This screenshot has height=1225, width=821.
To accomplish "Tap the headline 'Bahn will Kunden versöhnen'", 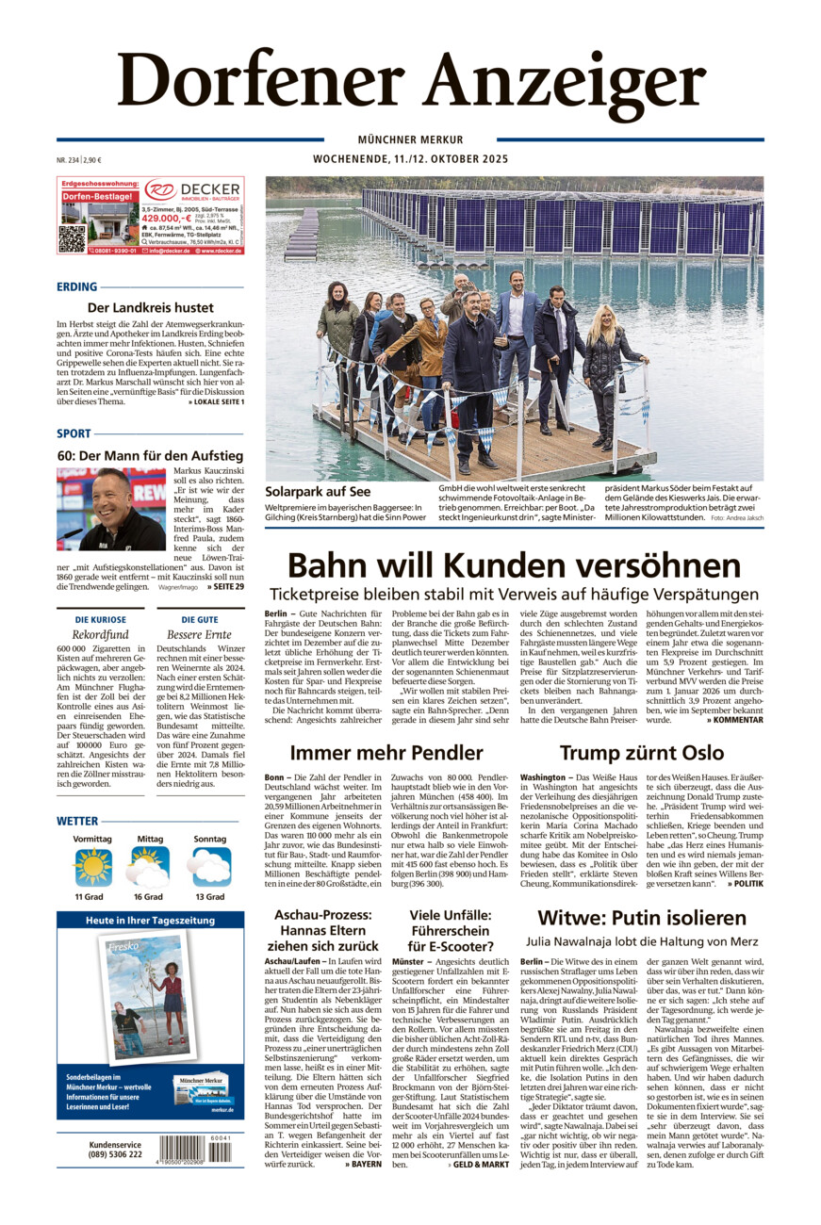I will pos(514,566).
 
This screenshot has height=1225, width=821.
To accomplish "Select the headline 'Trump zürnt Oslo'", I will pos(641,752).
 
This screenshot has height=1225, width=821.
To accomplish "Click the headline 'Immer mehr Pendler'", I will pos(386,752).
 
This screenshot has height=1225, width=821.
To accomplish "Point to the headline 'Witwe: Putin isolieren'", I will pos(641,917).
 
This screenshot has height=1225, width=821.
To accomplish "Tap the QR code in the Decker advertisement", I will pos(72,238).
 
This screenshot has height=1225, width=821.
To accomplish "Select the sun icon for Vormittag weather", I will pos(92,868).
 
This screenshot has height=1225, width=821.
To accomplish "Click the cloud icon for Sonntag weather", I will pos(209,868).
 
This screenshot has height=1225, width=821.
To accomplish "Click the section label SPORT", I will pos(74,433).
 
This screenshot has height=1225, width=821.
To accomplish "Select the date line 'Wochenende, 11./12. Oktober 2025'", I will pos(410,159).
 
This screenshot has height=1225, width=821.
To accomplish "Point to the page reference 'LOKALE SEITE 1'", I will pos(216,402).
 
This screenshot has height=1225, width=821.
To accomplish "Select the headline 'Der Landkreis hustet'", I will pos(150,307).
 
